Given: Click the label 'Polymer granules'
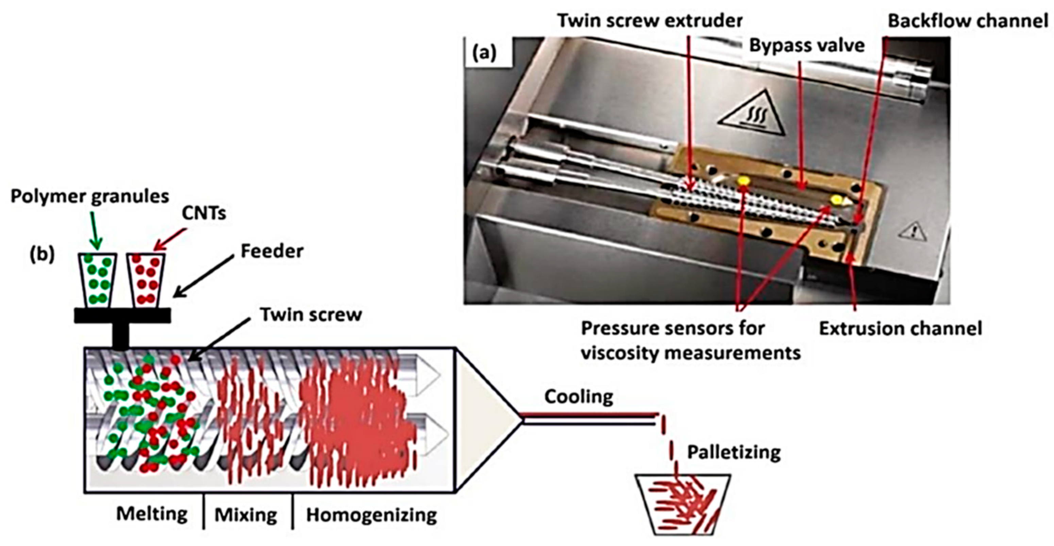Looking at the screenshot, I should [89, 197].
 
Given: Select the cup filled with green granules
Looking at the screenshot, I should [97, 280].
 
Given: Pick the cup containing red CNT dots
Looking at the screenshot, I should [146, 280].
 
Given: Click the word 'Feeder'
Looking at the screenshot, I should [272, 251].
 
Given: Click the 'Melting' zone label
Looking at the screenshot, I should [152, 514].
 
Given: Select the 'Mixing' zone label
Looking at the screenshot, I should [246, 515].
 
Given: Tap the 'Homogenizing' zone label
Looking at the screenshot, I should [371, 515].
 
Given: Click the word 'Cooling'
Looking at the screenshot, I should [579, 397].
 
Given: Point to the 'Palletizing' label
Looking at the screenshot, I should [734, 453].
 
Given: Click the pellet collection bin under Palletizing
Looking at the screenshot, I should [682, 505].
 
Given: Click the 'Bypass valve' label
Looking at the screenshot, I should [807, 46].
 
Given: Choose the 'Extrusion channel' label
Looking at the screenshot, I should [901, 329].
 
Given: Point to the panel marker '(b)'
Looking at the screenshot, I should [43, 254].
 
